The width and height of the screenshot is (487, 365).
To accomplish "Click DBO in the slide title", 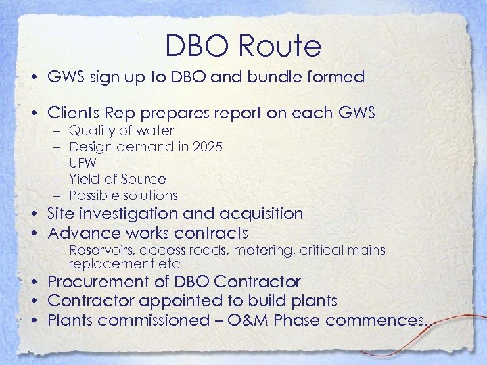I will point(195,46).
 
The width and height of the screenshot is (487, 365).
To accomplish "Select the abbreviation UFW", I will point(83,163).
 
